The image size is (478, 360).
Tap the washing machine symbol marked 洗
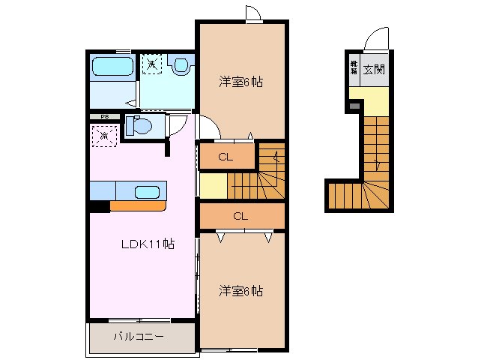(152, 64)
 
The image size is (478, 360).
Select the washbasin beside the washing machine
(181, 66)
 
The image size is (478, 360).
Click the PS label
(104, 117)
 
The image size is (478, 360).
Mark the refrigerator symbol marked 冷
(103, 136)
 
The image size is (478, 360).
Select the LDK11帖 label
(148, 244)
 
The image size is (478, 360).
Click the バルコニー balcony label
(139, 337)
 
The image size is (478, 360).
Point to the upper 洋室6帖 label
(240, 81)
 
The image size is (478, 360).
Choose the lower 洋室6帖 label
(240, 289)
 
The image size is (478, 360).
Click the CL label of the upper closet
(225, 157)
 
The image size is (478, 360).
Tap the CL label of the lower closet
(240, 216)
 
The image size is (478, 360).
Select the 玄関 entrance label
(374, 70)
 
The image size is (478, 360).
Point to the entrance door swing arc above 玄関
(378, 37)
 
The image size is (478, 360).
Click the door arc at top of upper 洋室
(253, 13)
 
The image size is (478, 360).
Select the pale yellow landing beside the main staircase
(213, 184)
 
